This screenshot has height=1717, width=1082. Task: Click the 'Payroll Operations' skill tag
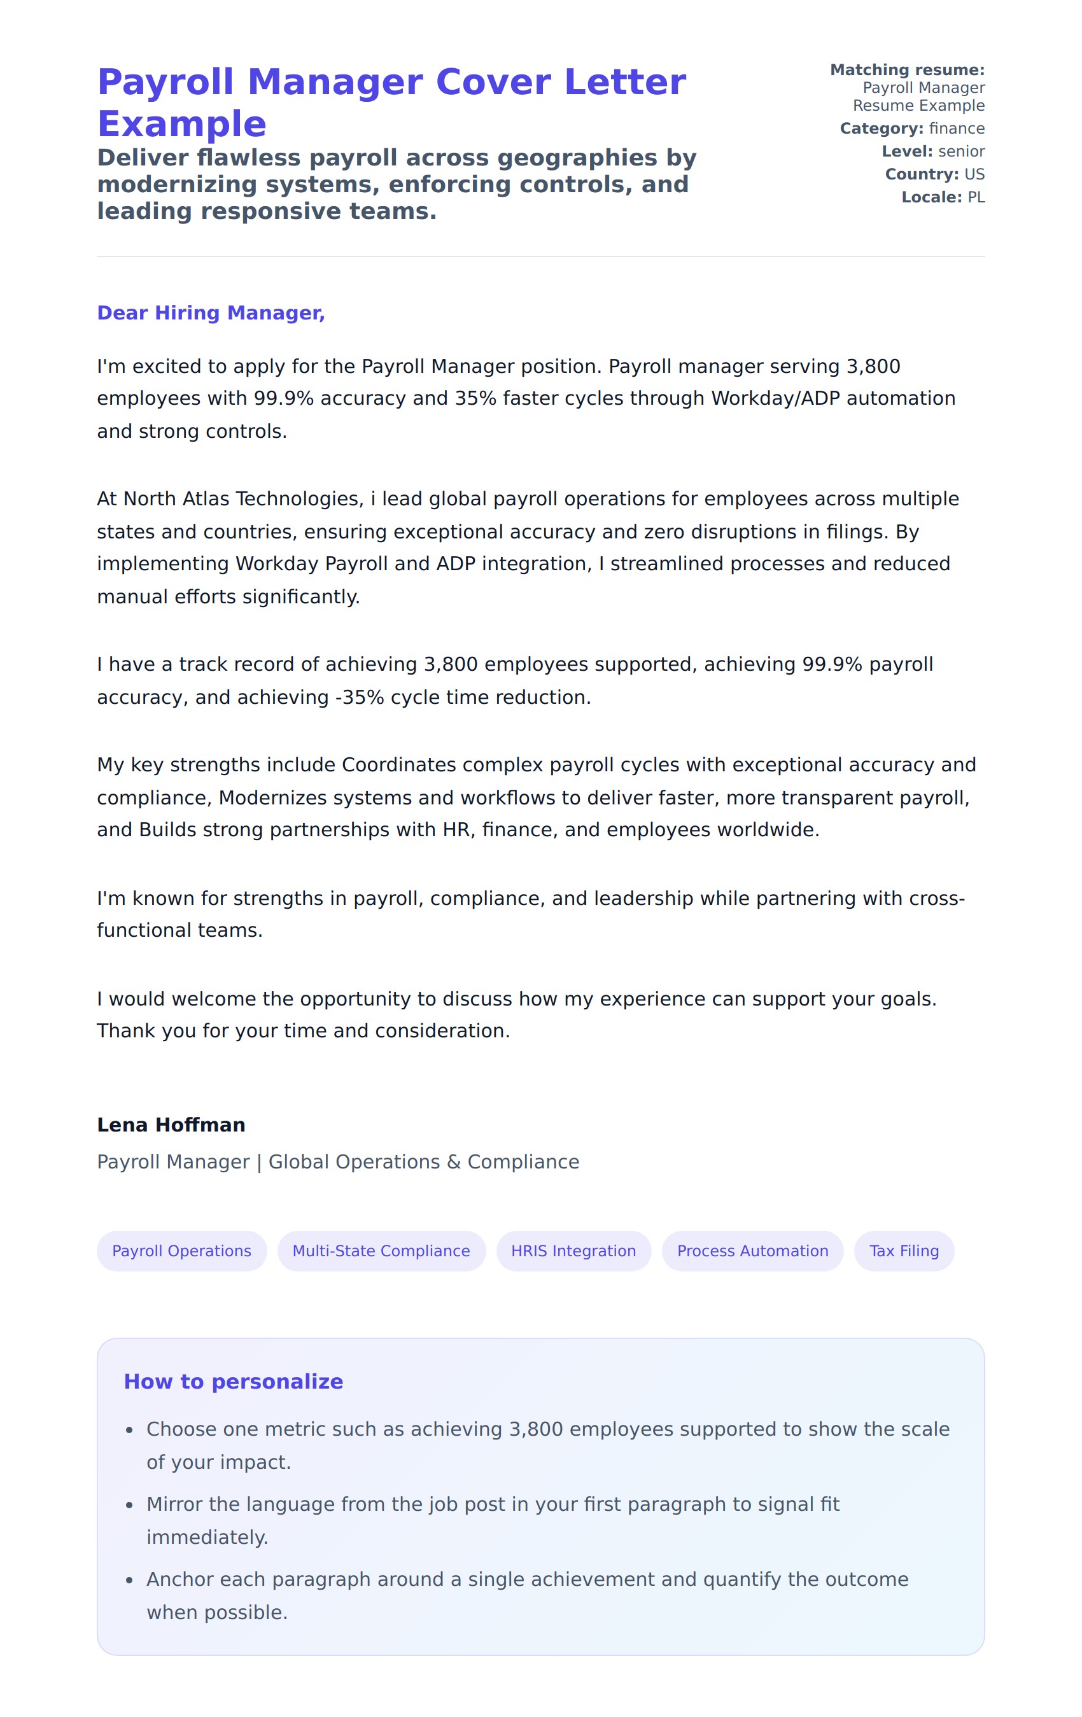pyautogui.click(x=181, y=1251)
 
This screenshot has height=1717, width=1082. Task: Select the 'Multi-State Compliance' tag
pyautogui.click(x=381, y=1251)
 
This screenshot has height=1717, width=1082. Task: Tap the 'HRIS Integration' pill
pyautogui.click(x=573, y=1251)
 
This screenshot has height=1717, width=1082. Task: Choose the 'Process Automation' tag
pyautogui.click(x=752, y=1251)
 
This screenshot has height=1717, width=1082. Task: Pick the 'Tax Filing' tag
pyautogui.click(x=903, y=1251)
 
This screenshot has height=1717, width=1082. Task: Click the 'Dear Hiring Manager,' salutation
pyautogui.click(x=211, y=313)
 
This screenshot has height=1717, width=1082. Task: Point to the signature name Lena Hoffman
pyautogui.click(x=171, y=1125)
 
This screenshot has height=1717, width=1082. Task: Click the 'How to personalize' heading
pyautogui.click(x=233, y=1381)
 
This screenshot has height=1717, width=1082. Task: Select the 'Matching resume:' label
pyautogui.click(x=906, y=70)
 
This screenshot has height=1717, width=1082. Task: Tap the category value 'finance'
pyautogui.click(x=957, y=129)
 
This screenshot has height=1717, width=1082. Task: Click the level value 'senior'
pyautogui.click(x=962, y=151)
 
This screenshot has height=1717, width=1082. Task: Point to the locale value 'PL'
pyautogui.click(x=976, y=197)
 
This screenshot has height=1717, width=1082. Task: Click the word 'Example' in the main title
pyautogui.click(x=182, y=124)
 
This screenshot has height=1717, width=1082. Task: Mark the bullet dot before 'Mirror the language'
pyautogui.click(x=129, y=1506)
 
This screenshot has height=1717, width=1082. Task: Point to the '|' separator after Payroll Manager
pyautogui.click(x=259, y=1162)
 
